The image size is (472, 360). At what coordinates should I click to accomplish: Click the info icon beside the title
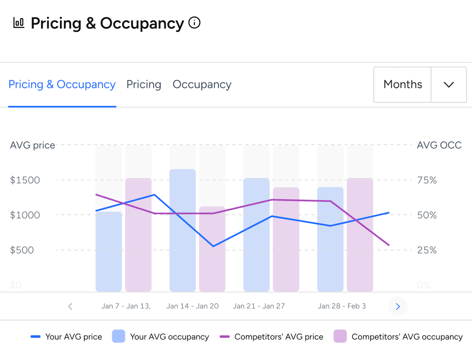[x=194, y=23]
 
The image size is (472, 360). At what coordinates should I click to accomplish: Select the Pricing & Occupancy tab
[x=62, y=85]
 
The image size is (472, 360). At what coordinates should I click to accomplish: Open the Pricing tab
[x=144, y=85]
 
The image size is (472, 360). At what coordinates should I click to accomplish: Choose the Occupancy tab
[x=202, y=85]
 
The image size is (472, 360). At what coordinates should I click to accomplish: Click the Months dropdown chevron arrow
[x=449, y=85]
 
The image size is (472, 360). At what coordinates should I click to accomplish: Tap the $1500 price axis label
[x=25, y=180]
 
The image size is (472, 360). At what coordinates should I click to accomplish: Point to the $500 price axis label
[x=22, y=250]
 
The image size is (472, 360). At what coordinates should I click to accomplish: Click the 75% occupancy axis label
[x=427, y=180]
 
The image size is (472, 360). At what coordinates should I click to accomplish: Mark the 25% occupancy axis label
[x=427, y=250]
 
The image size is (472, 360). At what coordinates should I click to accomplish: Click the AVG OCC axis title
[x=439, y=146]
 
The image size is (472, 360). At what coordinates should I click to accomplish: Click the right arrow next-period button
[x=398, y=306]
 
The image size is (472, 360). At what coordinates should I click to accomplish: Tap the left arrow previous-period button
[x=70, y=306]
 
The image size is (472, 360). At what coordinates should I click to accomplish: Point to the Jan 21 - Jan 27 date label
[x=259, y=306]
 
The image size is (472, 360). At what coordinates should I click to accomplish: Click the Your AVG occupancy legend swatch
[x=118, y=337]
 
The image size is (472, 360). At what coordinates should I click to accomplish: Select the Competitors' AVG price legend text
[x=279, y=337]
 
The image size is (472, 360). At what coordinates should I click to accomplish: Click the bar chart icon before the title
[x=19, y=23]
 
